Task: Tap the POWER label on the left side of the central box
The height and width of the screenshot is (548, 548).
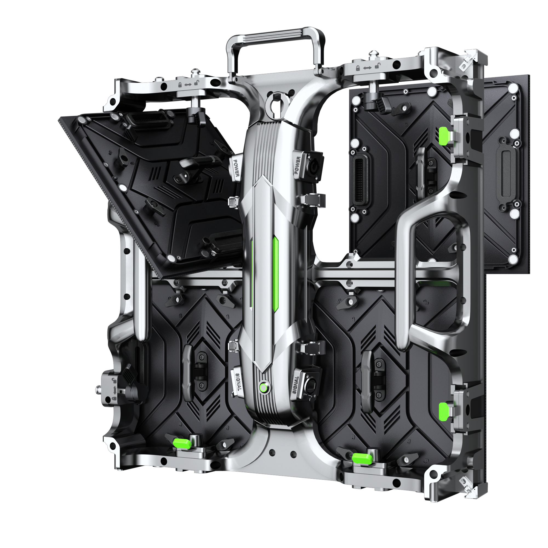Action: click(x=236, y=168)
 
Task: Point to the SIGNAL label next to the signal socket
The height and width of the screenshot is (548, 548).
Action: click(x=296, y=385)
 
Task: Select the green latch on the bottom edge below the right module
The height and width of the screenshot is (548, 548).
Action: click(x=362, y=458)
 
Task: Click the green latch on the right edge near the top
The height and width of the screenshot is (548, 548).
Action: click(x=444, y=136)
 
